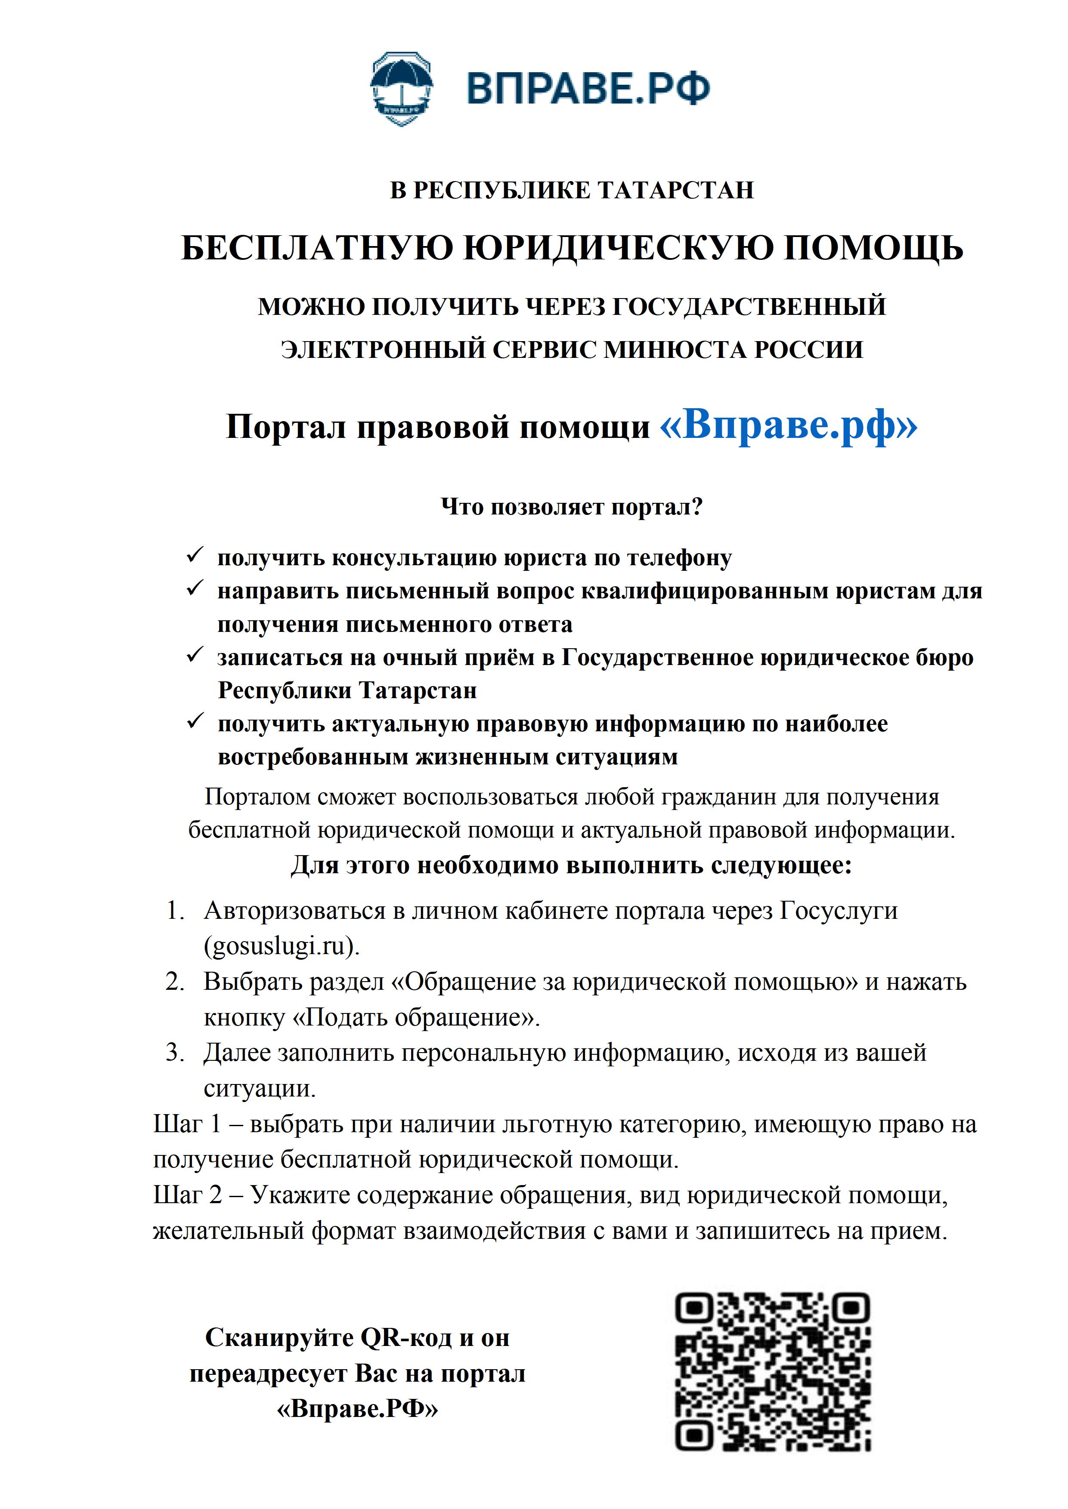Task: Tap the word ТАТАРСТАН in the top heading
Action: [676, 191]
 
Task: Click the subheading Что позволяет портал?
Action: [572, 507]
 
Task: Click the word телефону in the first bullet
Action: [679, 558]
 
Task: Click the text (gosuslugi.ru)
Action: [282, 946]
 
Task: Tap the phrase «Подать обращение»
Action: [415, 1017]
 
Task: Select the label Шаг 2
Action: [187, 1195]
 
